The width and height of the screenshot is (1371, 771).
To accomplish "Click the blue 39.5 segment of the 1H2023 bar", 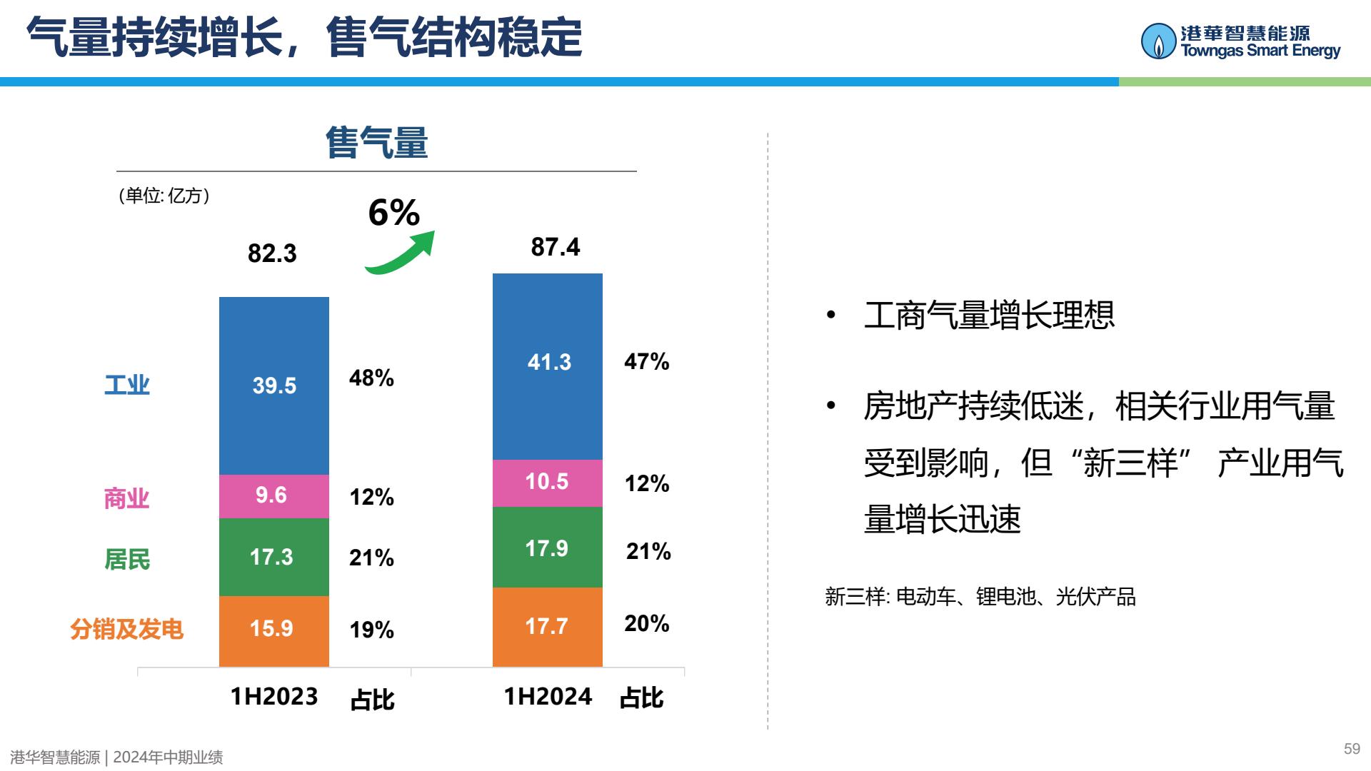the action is (274, 385).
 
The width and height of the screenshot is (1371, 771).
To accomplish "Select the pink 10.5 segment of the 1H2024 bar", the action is (548, 483).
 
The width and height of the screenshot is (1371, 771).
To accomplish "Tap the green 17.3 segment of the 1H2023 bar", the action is (274, 557).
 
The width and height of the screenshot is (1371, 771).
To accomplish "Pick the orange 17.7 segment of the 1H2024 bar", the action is (548, 627).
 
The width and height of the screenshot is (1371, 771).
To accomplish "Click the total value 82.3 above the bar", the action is (272, 253).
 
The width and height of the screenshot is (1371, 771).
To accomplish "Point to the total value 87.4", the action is (556, 247).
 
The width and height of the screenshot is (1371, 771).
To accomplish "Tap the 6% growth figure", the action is (394, 212).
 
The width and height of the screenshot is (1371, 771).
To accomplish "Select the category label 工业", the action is (127, 385).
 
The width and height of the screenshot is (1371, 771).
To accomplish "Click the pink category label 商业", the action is (127, 498).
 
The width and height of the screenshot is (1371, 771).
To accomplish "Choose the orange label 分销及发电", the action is (127, 629).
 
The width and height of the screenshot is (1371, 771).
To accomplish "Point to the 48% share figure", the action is (371, 378).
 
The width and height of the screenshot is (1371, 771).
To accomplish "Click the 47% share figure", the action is (647, 361).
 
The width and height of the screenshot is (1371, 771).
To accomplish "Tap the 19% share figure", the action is (371, 630).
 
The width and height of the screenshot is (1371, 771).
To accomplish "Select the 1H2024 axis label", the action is (548, 696).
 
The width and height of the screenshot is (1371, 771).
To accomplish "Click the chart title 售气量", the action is (376, 142).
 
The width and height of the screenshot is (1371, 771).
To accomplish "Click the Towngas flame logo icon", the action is (1158, 41).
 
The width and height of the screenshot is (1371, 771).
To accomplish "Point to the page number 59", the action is (1352, 749).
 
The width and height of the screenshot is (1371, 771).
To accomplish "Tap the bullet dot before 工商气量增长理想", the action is (830, 315).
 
